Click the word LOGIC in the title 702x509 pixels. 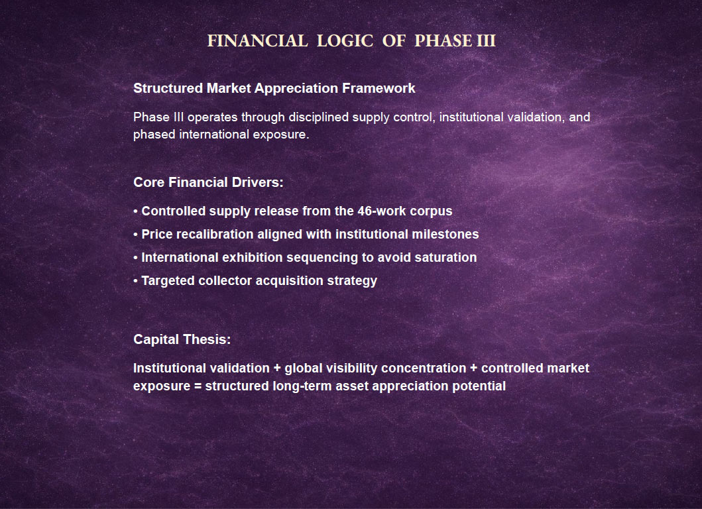point(345,40)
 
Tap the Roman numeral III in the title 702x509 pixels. point(486,40)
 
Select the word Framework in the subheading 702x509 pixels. point(379,88)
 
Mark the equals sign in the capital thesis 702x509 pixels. point(198,386)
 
